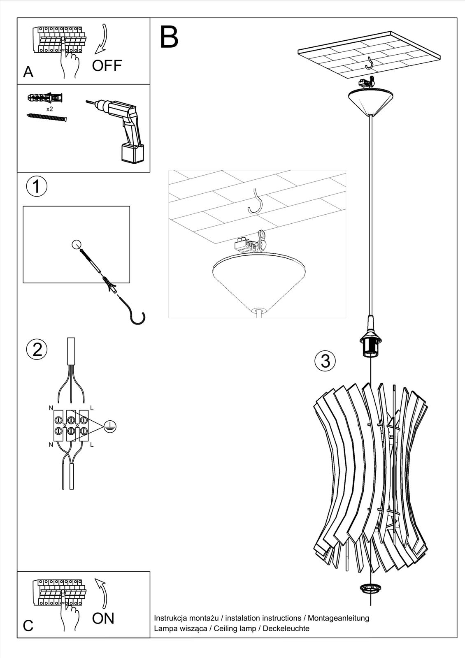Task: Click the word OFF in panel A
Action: coord(107,65)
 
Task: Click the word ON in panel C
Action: coord(103,618)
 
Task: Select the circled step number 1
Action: coord(37,186)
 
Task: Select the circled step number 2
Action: coord(37,350)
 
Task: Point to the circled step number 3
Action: coord(325,361)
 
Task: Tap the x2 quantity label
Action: coord(49,109)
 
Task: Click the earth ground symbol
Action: coord(110,427)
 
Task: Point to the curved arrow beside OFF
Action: coord(101,39)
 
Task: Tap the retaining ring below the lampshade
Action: coord(370,588)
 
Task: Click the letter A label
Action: coord(28,72)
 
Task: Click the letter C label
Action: coord(28,626)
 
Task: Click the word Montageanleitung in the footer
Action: coord(338,618)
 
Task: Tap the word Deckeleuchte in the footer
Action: coord(286,628)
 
